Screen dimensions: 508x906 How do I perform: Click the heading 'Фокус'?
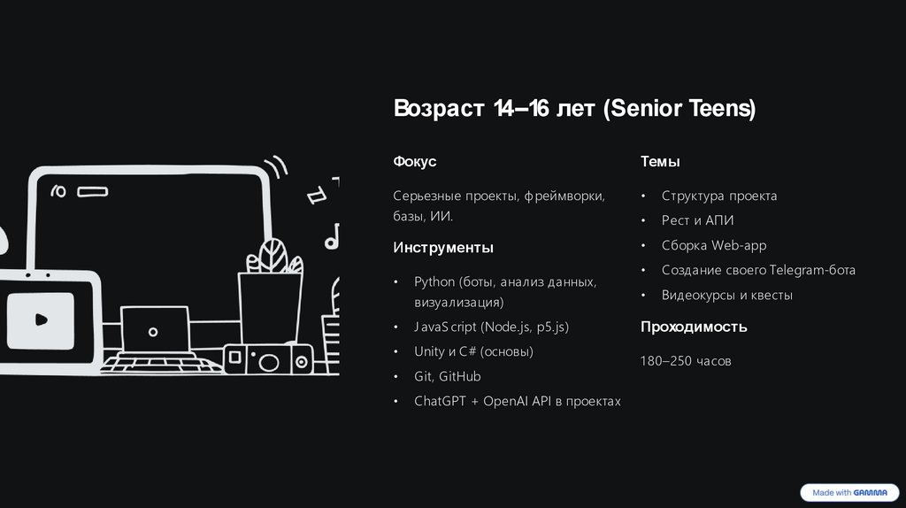415,162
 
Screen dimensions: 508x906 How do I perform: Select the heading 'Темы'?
660,162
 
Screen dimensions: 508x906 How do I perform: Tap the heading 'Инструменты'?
443,248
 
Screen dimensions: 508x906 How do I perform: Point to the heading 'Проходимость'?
694,327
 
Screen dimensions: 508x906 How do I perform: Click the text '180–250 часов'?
686,361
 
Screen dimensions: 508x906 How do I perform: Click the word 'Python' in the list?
434,282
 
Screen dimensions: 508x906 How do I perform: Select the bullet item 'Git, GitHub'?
447,376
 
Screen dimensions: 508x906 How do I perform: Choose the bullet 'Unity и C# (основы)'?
473,351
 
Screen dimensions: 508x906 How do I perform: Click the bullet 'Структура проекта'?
718,196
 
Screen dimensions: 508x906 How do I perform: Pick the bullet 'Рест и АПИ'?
697,220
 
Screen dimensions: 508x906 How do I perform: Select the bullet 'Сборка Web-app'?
713,245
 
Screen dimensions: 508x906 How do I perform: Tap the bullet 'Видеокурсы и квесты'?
726,295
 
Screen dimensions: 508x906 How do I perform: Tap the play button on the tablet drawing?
40,319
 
